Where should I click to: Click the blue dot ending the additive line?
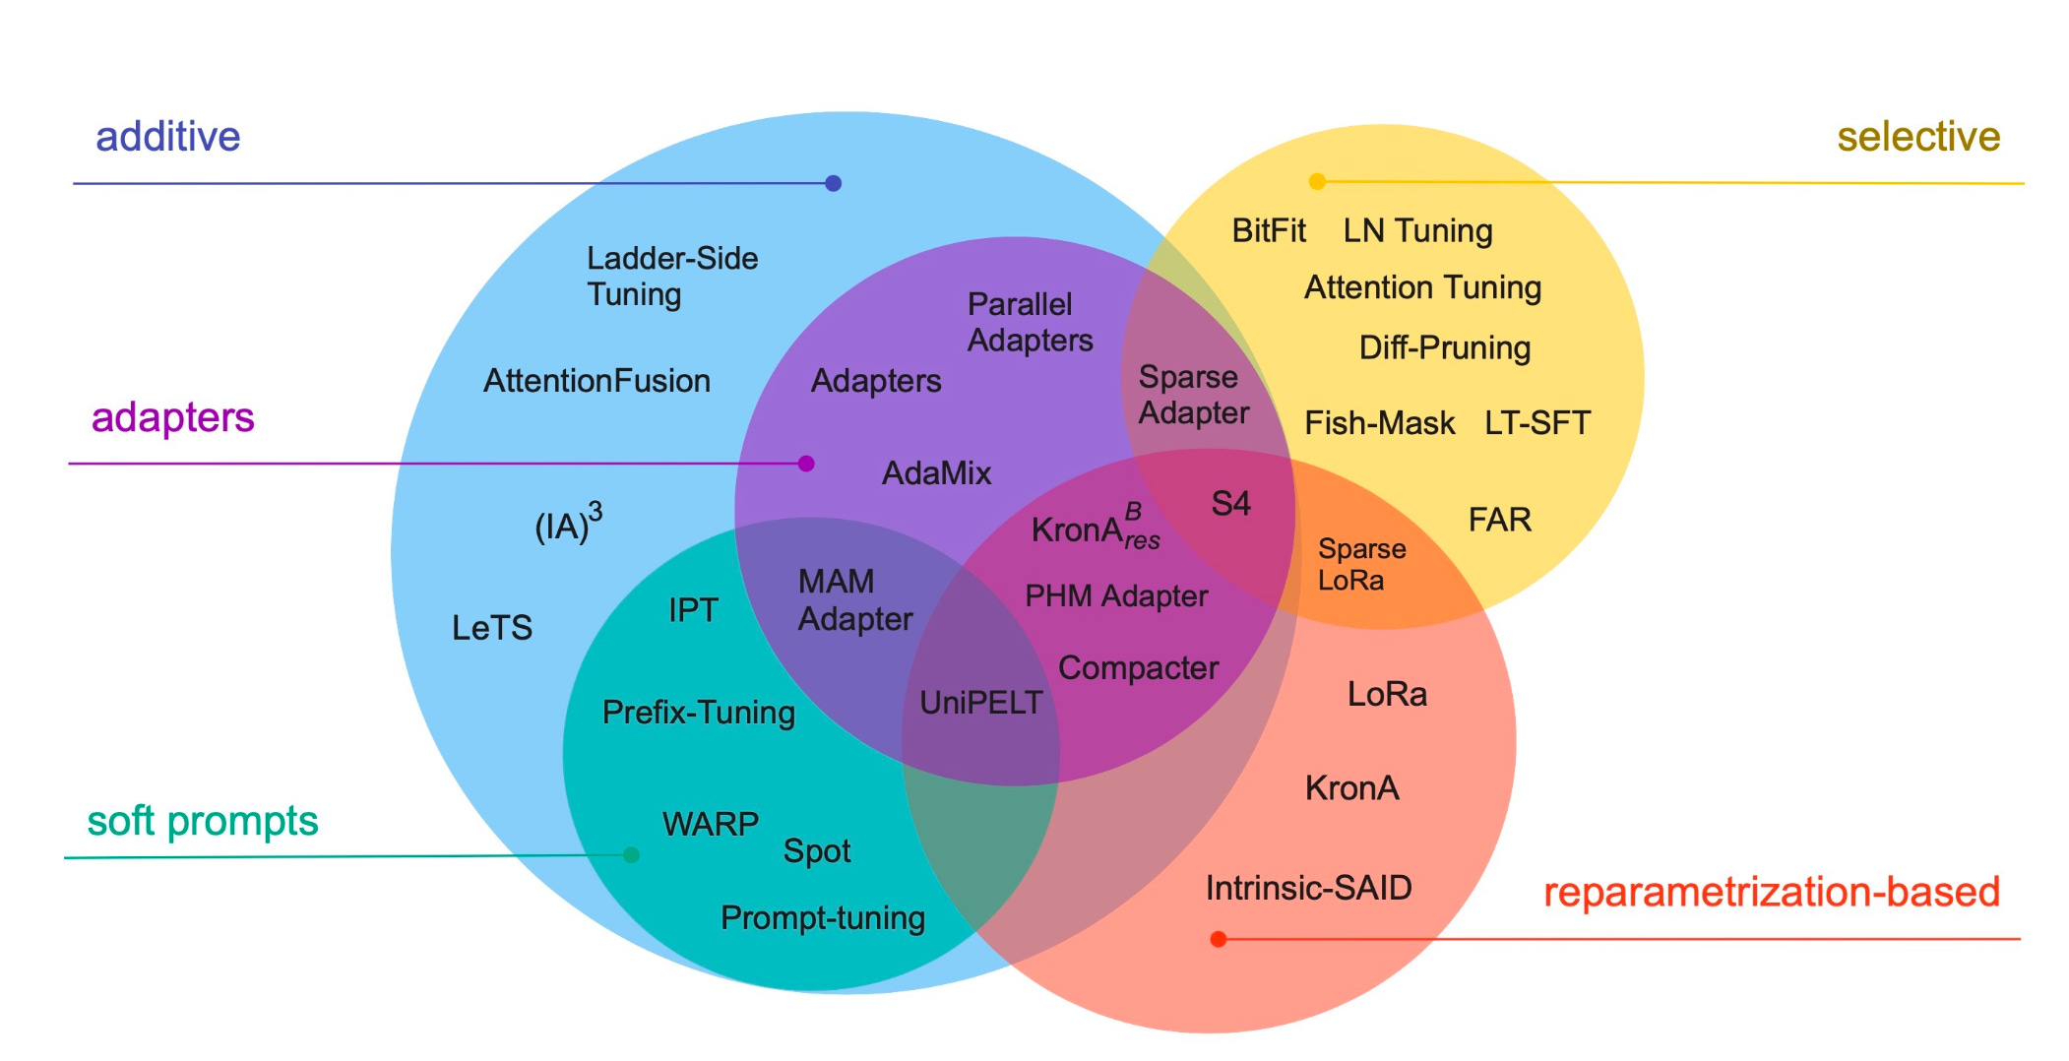click(x=833, y=183)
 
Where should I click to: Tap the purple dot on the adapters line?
click(x=806, y=464)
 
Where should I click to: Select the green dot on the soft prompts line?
click(x=632, y=855)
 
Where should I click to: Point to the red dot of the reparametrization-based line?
click(x=1218, y=939)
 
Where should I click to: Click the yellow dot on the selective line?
click(x=1317, y=181)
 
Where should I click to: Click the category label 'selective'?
click(x=1917, y=137)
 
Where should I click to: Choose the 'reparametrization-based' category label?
click(x=1771, y=893)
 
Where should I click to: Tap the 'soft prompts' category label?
click(x=203, y=821)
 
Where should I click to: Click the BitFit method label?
click(x=1268, y=231)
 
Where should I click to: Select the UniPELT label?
click(x=980, y=703)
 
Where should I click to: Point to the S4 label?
click(x=1230, y=504)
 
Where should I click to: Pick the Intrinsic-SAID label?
click(x=1308, y=889)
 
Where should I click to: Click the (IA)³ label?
click(x=568, y=524)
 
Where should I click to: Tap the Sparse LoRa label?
click(x=1361, y=565)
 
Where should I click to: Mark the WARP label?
click(x=710, y=824)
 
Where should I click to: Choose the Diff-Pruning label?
click(x=1444, y=348)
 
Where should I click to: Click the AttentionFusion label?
click(x=596, y=381)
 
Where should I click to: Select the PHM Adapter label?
click(x=1115, y=596)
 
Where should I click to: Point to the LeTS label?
click(x=491, y=628)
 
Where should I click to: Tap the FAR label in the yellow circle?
click(x=1499, y=520)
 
